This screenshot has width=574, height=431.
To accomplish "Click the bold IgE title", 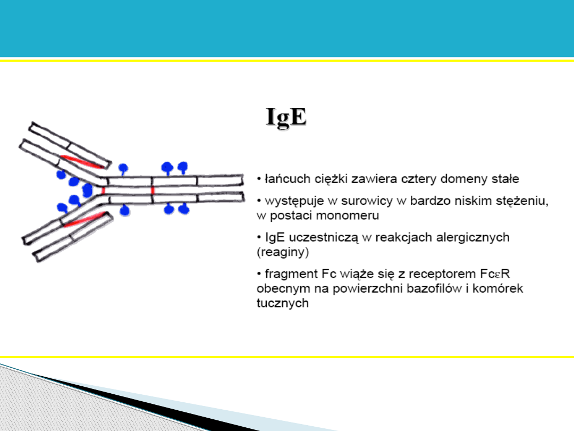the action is [x=286, y=117].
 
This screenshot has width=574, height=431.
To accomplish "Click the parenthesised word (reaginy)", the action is [x=283, y=252].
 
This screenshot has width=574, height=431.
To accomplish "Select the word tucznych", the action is [x=283, y=303].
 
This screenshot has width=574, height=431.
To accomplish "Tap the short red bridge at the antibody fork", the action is [x=103, y=190].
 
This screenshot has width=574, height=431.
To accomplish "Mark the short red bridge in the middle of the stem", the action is [x=153, y=190].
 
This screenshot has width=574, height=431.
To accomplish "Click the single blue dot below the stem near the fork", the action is [x=125, y=210].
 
